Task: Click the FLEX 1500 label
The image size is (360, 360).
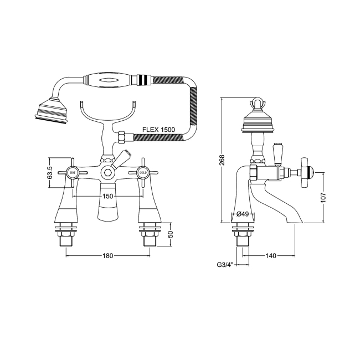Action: (159, 130)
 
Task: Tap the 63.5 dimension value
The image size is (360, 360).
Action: (49, 173)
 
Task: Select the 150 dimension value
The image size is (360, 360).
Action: (107, 197)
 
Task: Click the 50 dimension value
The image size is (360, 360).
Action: (171, 233)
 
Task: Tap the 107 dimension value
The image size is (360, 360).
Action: (324, 197)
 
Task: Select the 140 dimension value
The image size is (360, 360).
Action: (271, 255)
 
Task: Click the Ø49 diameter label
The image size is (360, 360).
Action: (241, 214)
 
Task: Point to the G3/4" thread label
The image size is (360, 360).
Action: (225, 265)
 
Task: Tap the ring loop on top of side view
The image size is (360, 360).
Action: (257, 103)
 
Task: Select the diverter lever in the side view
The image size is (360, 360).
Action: (278, 152)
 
